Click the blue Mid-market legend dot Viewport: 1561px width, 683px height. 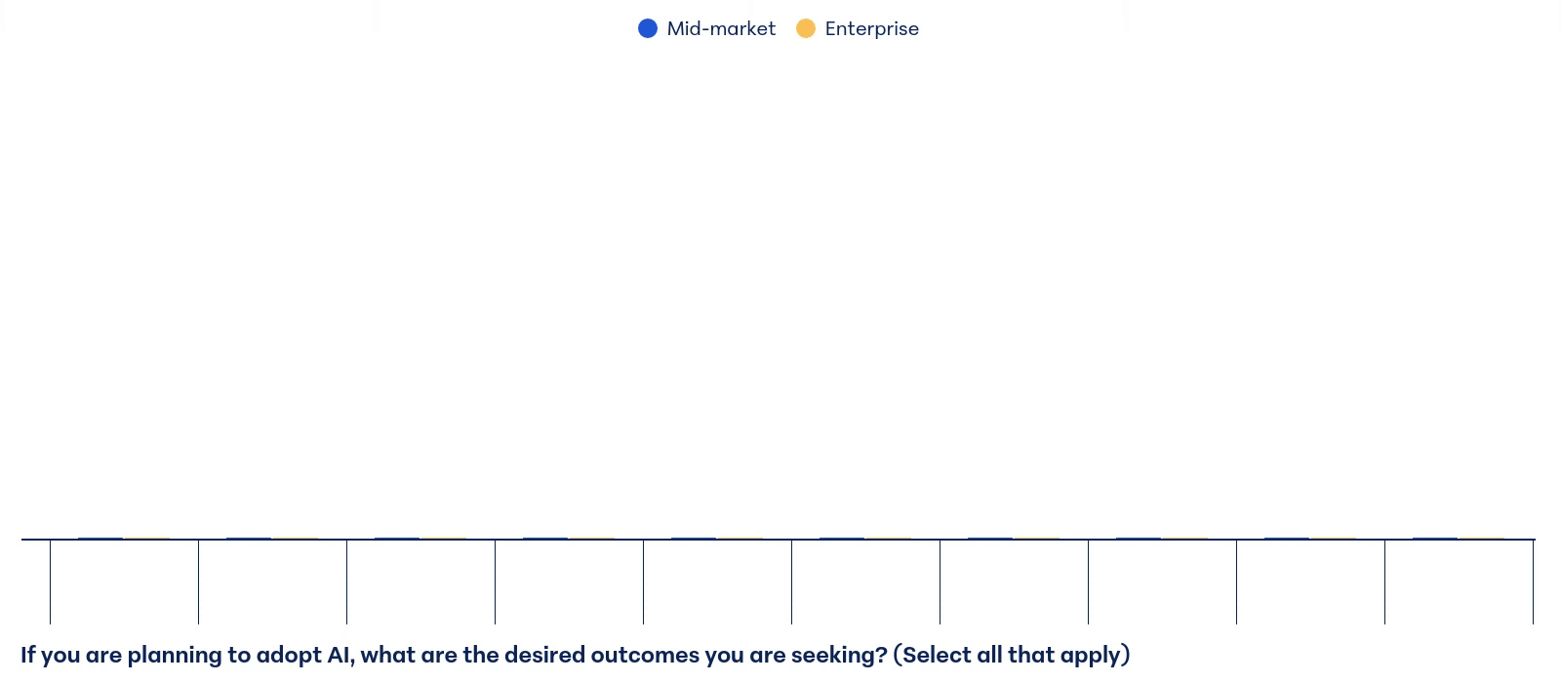(x=648, y=28)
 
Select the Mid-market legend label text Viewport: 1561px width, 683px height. (x=721, y=28)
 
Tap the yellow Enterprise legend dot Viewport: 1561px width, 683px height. (x=806, y=28)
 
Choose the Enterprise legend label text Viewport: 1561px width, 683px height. (x=872, y=28)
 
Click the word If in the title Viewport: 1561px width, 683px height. (x=28, y=655)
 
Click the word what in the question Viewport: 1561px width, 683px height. (x=387, y=655)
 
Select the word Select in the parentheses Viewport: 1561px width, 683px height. (x=936, y=655)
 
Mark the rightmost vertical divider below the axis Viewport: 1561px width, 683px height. (x=1533, y=582)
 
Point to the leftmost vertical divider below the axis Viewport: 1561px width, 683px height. (x=50, y=582)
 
